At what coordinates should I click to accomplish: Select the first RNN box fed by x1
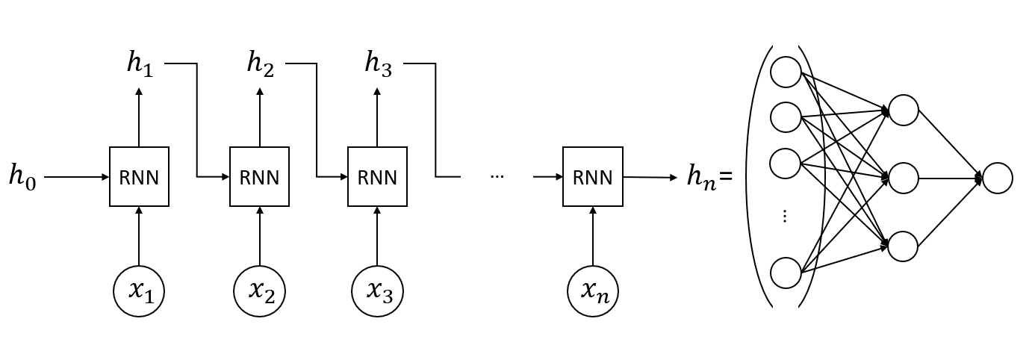point(139,177)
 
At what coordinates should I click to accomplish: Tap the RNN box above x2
point(259,177)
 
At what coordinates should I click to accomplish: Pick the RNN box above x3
point(377,177)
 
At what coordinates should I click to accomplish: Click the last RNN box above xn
point(592,177)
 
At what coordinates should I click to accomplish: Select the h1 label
point(140,63)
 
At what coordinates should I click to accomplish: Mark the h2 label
point(260,63)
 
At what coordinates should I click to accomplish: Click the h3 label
point(378,63)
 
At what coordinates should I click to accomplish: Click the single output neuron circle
point(998,179)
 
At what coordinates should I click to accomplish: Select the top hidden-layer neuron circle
point(903,110)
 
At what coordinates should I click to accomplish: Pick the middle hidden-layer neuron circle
point(903,179)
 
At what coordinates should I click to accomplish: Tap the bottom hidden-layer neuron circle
point(903,246)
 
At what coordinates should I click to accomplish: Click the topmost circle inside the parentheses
point(786,72)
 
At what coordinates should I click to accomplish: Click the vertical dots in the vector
point(785,216)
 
